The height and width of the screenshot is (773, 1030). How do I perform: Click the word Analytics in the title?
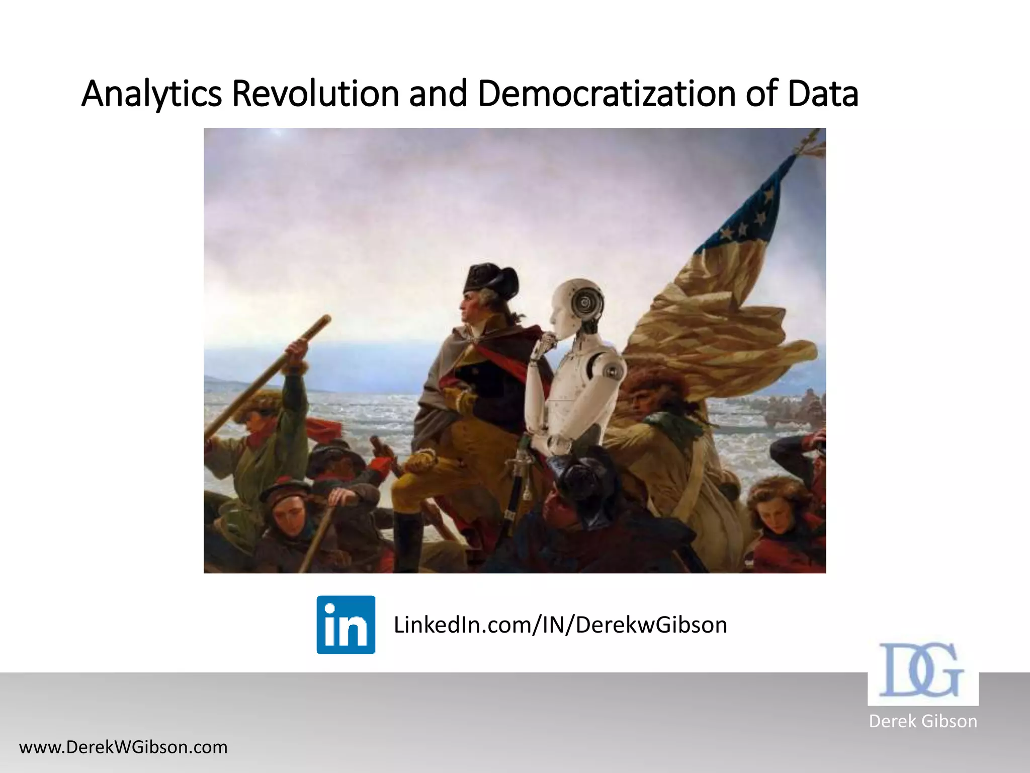(x=151, y=94)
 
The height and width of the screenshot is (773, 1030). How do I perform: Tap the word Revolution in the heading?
(x=315, y=94)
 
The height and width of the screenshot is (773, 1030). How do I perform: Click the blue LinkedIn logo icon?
(x=346, y=625)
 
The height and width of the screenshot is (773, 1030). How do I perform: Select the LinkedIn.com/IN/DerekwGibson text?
(x=560, y=625)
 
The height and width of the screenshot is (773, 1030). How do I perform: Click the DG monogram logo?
(x=922, y=671)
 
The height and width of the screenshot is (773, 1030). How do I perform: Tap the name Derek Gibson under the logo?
(x=923, y=721)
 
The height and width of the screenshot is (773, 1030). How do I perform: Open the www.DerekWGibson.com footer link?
(x=123, y=747)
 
